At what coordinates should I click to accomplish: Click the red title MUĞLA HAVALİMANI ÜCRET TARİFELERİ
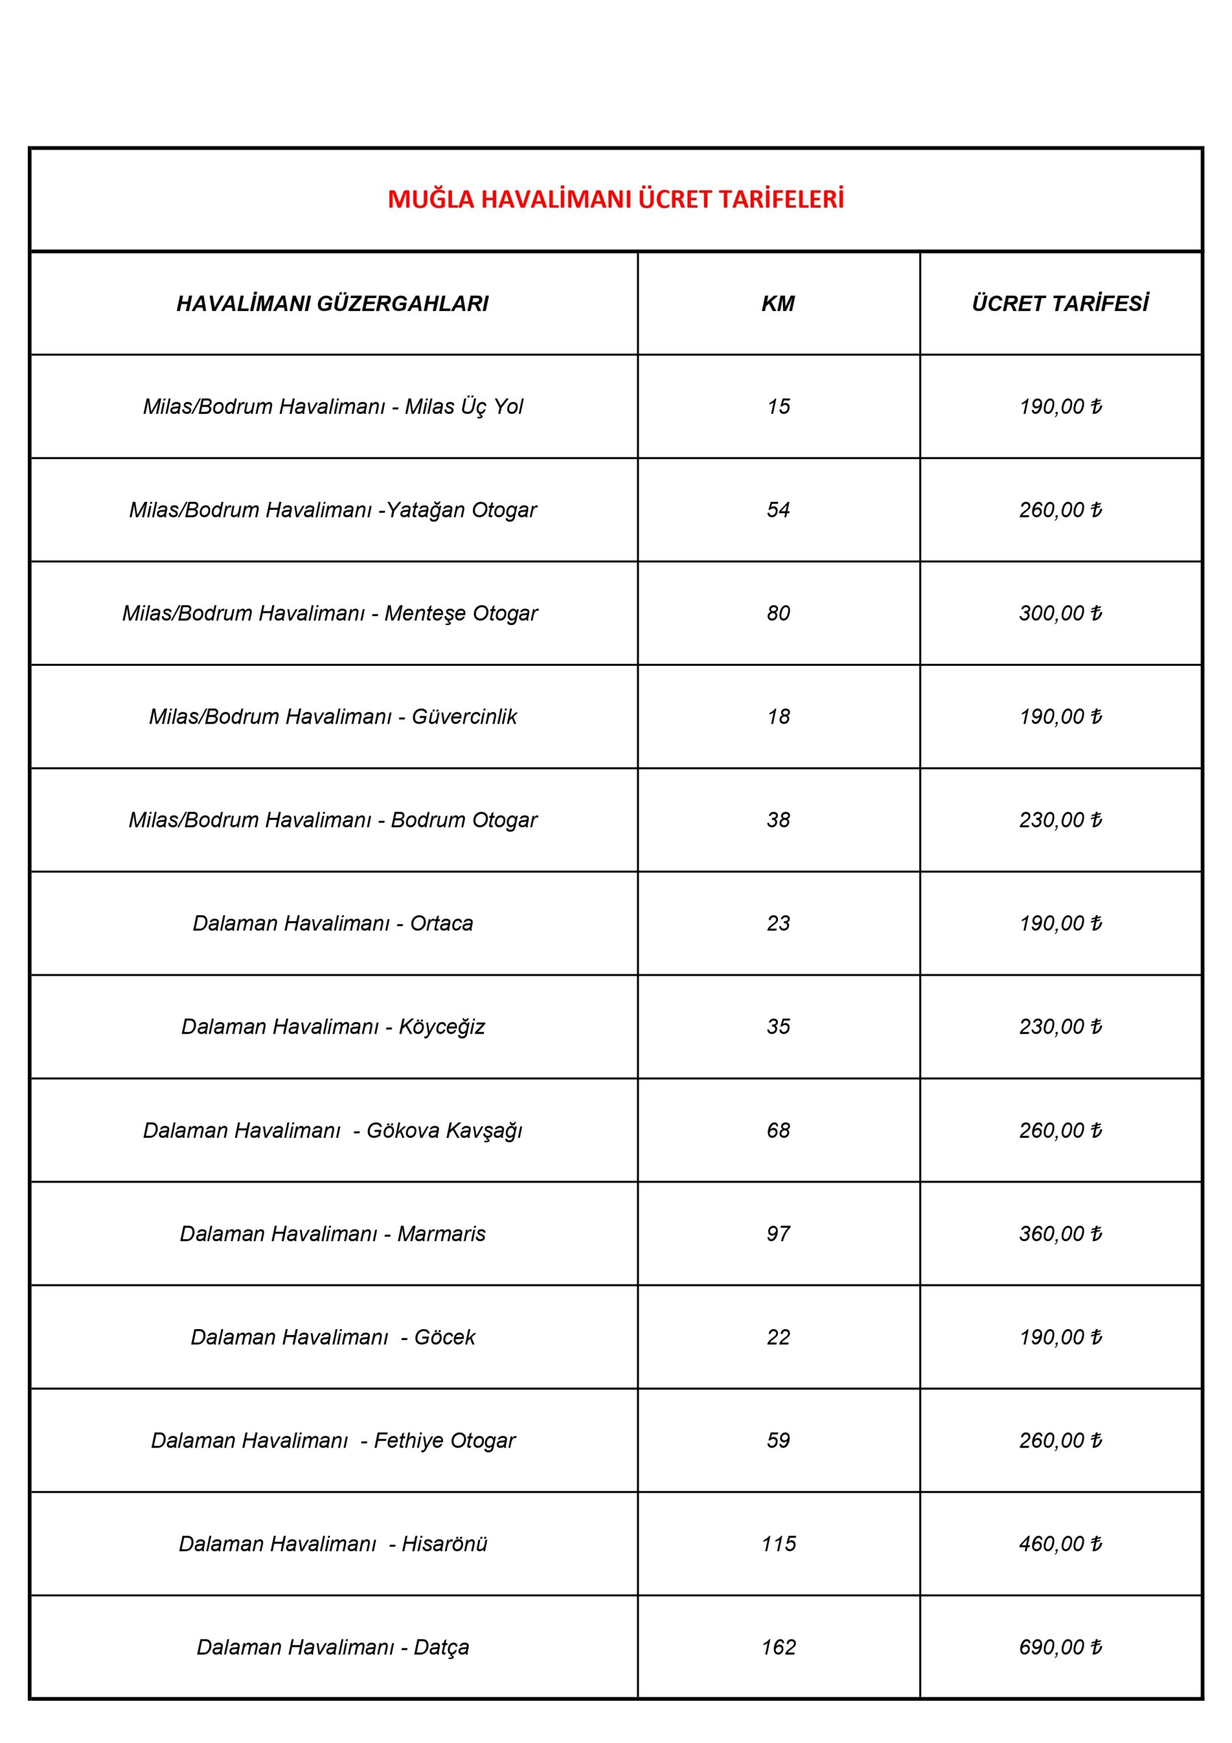point(615,199)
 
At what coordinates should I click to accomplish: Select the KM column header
point(778,304)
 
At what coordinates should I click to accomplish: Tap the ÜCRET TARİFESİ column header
point(1060,304)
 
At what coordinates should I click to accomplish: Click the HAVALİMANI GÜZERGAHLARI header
point(332,304)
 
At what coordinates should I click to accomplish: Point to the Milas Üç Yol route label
point(332,407)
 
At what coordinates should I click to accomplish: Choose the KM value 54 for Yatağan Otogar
point(778,510)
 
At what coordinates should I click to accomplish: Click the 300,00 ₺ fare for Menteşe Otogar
point(1060,613)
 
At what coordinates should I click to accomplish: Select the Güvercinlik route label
point(332,717)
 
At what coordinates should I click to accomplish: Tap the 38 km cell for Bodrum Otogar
point(778,820)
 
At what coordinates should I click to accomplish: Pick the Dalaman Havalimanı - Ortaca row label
point(332,923)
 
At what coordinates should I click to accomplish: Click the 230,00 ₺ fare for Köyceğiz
point(1060,1026)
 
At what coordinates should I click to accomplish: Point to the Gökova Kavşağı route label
point(332,1130)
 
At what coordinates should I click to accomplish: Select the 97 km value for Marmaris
point(778,1234)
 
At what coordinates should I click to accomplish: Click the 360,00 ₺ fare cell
point(1060,1234)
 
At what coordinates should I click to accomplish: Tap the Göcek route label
point(332,1337)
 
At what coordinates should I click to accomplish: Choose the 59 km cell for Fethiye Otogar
point(778,1440)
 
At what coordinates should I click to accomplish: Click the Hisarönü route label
point(332,1544)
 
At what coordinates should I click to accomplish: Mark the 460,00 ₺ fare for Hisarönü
point(1060,1544)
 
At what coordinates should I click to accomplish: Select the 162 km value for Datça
point(778,1646)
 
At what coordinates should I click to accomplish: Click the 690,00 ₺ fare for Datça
point(1060,1646)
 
